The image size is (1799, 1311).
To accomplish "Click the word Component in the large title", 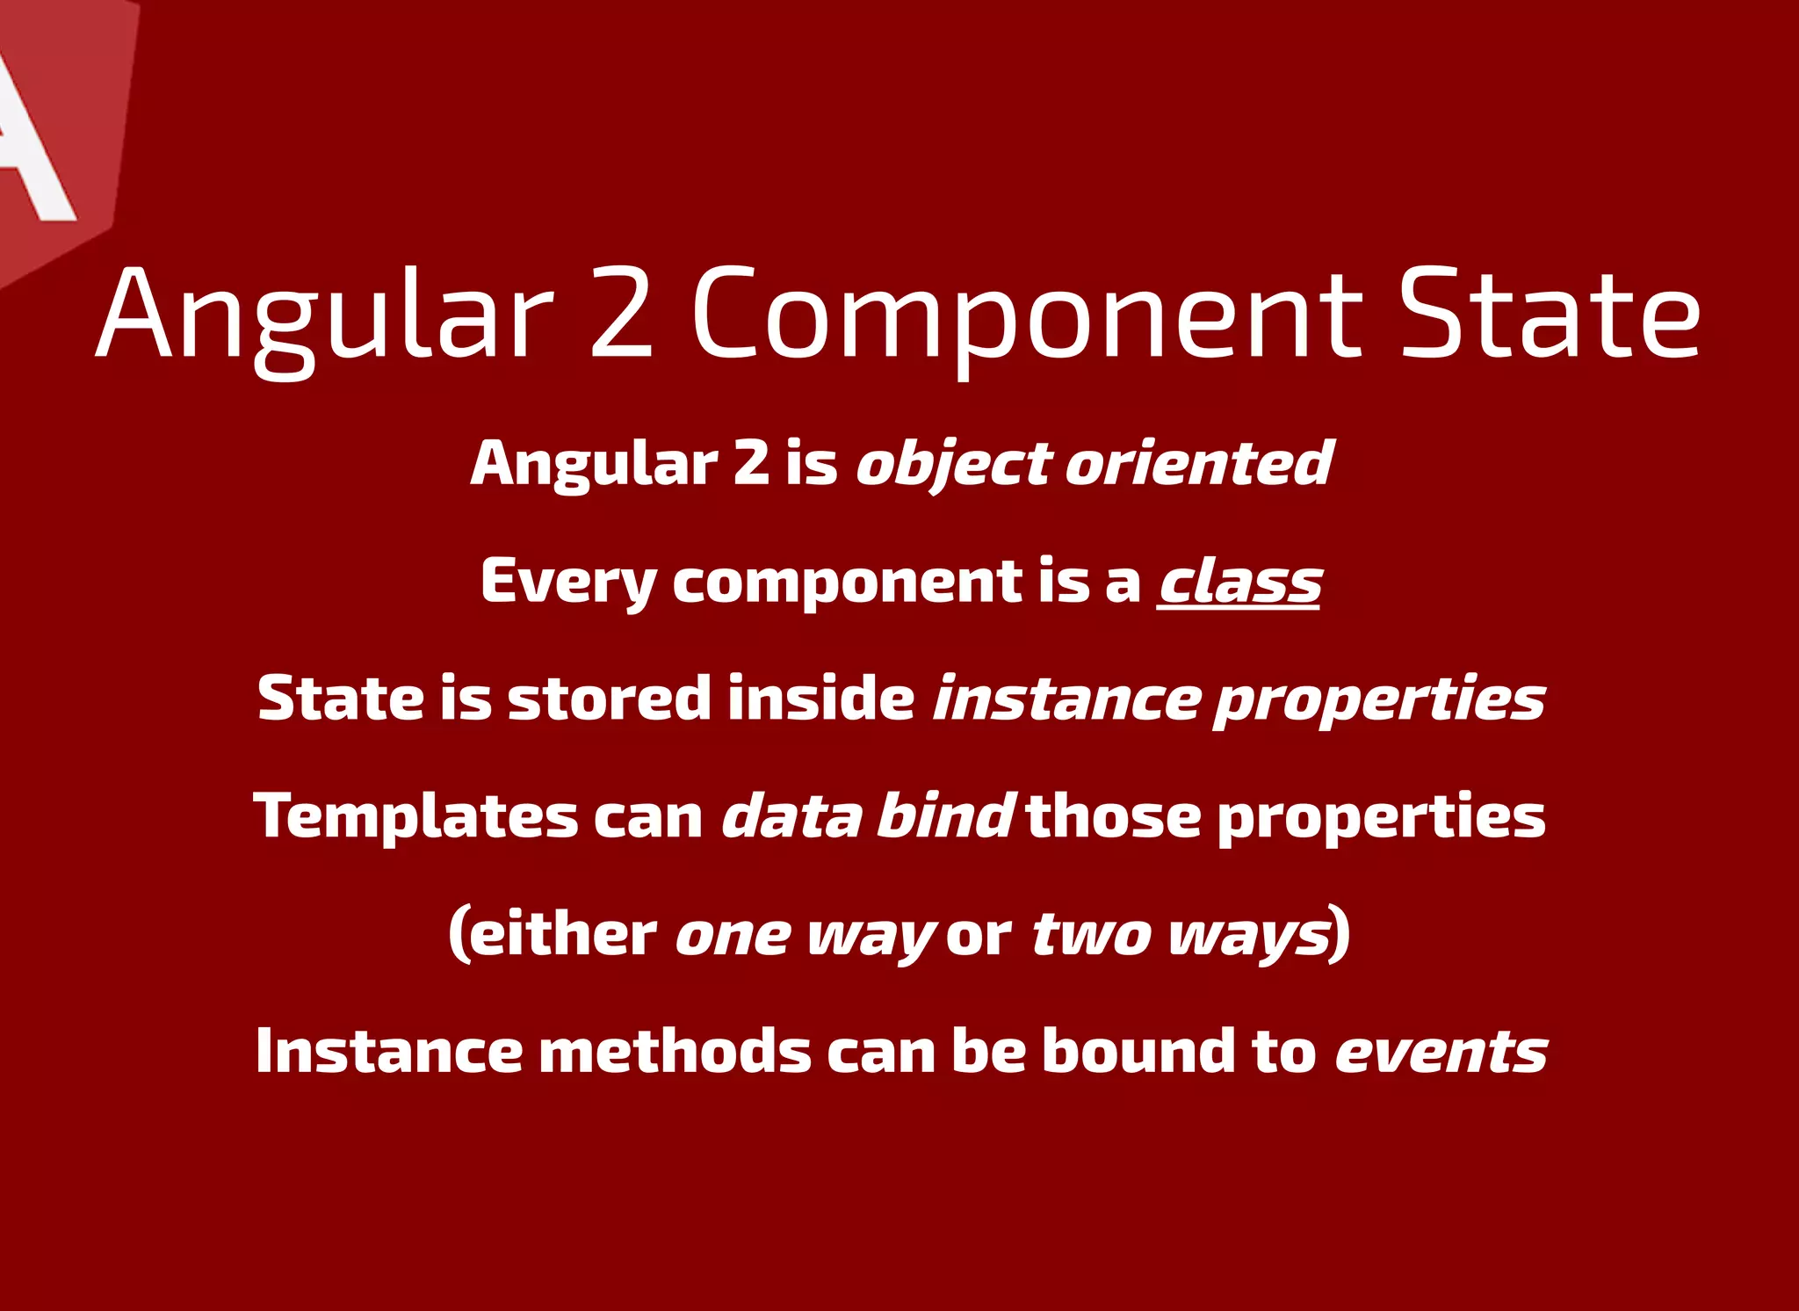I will pyautogui.click(x=1028, y=316).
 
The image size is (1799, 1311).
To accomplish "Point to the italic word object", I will pyautogui.click(x=953, y=464).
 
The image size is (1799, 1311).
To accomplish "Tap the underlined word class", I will pyautogui.click(x=1239, y=582).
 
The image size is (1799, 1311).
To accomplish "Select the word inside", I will pyautogui.click(x=821, y=699).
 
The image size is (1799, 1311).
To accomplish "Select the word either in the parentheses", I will pyautogui.click(x=563, y=934).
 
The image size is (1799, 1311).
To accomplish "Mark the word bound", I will pyautogui.click(x=1138, y=1051).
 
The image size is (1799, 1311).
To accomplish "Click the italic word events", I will pyautogui.click(x=1441, y=1053).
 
